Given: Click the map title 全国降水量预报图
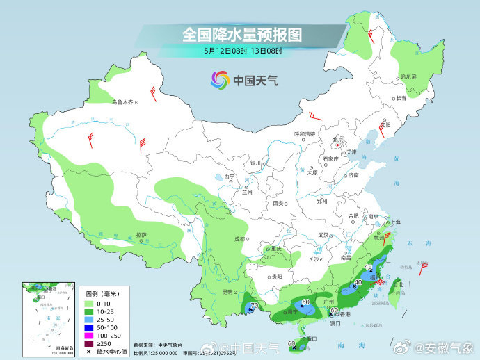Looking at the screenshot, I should tap(241, 33).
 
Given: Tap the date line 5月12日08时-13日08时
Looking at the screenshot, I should tap(243, 50).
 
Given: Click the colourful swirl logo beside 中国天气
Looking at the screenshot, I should tap(220, 80).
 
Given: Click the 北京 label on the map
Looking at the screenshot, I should tap(339, 139).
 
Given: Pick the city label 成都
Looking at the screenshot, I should tap(240, 238).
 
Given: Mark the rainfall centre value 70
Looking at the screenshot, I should tap(255, 305).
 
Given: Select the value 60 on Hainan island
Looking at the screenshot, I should tap(292, 343).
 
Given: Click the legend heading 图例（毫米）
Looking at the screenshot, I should tap(102, 294).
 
